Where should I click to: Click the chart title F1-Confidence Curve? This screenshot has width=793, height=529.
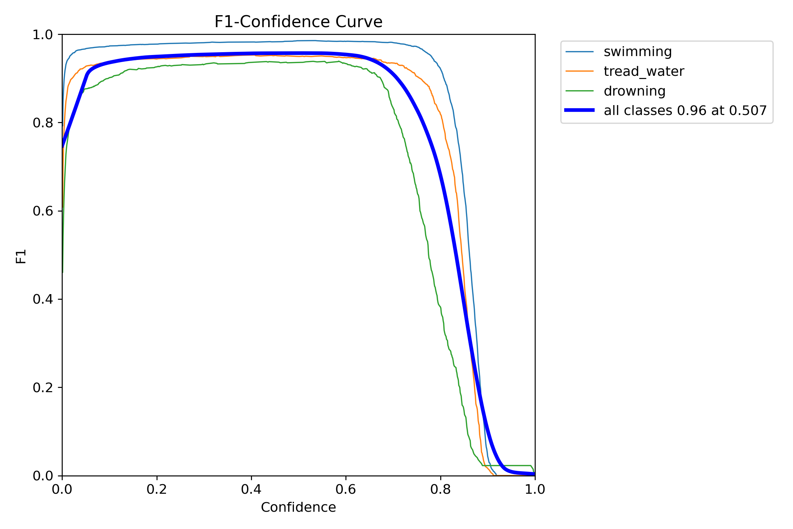(x=298, y=22)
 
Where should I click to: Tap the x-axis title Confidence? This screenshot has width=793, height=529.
(x=298, y=507)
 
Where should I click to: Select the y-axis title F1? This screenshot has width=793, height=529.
(x=21, y=256)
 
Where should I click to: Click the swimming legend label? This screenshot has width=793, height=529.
(x=638, y=52)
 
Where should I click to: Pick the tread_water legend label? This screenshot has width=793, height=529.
(x=644, y=72)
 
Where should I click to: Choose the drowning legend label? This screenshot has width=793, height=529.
(x=634, y=91)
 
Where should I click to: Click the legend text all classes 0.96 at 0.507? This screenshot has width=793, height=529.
(x=685, y=111)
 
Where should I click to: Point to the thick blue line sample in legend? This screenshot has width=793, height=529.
(x=579, y=110)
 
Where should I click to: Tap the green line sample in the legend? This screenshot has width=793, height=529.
(x=579, y=91)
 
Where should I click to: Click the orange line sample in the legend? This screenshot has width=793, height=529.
(x=579, y=71)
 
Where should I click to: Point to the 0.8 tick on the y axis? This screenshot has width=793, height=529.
(x=43, y=123)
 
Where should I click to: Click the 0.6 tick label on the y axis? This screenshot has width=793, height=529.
(x=43, y=211)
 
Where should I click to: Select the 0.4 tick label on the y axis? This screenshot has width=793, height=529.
(x=43, y=299)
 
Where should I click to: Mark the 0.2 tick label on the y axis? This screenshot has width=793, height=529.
(x=43, y=388)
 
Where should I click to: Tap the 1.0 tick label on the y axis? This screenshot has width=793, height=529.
(x=43, y=35)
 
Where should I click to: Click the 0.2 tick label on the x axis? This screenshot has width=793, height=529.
(x=156, y=490)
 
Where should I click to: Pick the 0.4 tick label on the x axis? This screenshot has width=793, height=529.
(x=251, y=490)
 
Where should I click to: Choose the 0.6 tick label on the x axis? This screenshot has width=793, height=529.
(x=346, y=490)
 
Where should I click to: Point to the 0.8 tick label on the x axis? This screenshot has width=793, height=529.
(x=441, y=490)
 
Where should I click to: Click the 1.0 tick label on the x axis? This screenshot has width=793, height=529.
(x=535, y=490)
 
